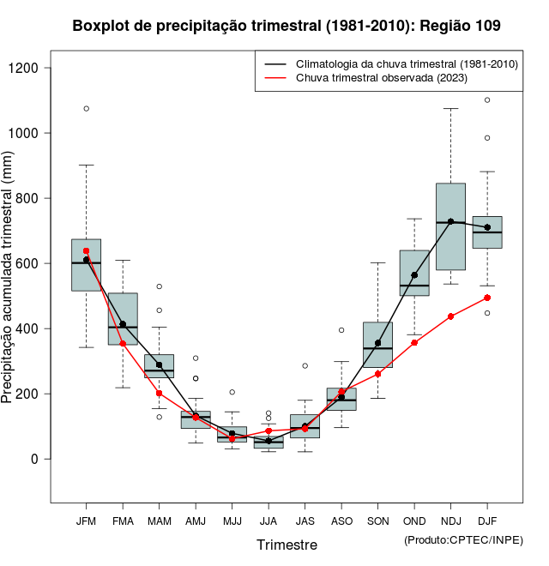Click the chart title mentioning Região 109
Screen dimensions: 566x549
[x=287, y=27]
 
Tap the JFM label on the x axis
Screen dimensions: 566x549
[x=86, y=521]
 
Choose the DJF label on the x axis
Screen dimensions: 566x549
[x=487, y=521]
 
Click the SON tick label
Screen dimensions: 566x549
[x=377, y=521]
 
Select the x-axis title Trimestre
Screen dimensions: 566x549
[x=287, y=545]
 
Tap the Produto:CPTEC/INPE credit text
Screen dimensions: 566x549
[x=463, y=539]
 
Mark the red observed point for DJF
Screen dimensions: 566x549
[x=487, y=298]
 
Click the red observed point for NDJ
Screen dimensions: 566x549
[x=450, y=316]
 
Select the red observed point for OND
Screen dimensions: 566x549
[x=414, y=342]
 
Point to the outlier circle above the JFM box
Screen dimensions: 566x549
[x=86, y=109]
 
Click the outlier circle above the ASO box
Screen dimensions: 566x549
[x=341, y=330]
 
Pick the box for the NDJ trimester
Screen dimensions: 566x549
[x=450, y=226]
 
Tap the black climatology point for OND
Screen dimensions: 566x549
[x=414, y=275]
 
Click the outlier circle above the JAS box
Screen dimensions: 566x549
[x=305, y=365]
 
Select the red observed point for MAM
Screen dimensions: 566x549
[x=159, y=393]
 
